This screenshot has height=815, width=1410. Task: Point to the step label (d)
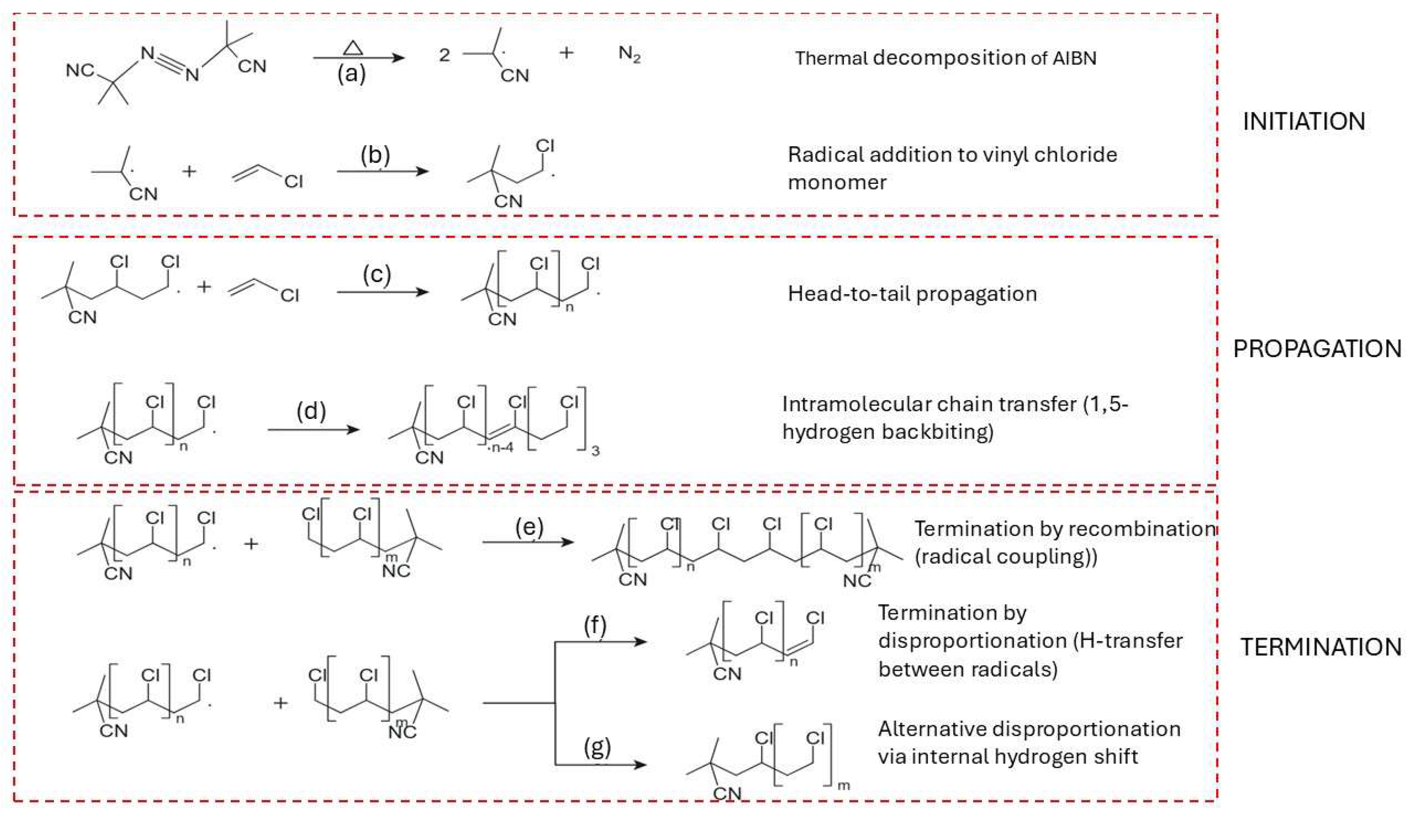(x=311, y=411)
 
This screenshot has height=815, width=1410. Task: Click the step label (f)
(x=595, y=627)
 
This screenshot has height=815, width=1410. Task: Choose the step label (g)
(x=597, y=748)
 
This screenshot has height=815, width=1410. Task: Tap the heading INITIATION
(x=1304, y=122)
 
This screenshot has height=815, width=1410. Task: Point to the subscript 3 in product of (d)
(x=595, y=451)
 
